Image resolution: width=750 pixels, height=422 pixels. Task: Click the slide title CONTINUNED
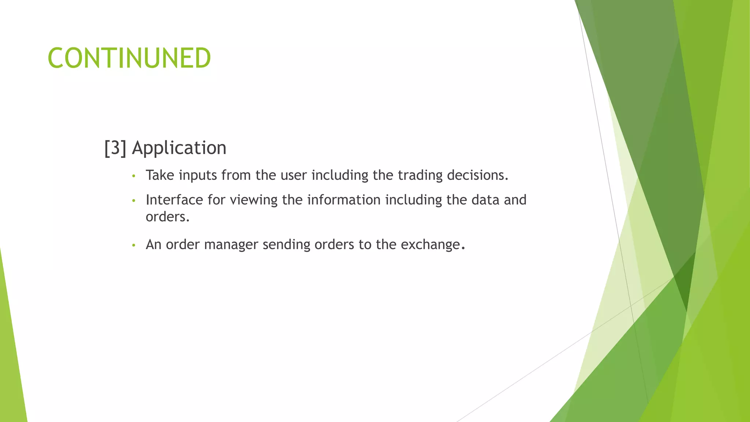pyautogui.click(x=129, y=58)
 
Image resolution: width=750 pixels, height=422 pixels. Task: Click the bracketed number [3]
pyautogui.click(x=115, y=148)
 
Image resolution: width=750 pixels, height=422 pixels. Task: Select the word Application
pyautogui.click(x=179, y=148)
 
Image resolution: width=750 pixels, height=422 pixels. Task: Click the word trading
pyautogui.click(x=420, y=175)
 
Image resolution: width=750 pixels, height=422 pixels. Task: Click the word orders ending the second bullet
pyautogui.click(x=167, y=217)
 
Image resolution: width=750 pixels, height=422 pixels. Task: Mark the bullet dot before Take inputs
pyautogui.click(x=134, y=176)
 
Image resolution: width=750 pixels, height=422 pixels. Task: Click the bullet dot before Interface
pyautogui.click(x=134, y=201)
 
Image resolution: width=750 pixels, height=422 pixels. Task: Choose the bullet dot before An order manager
pyautogui.click(x=134, y=245)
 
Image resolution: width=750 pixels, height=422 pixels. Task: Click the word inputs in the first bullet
pyautogui.click(x=198, y=175)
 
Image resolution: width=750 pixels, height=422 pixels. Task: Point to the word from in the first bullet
pyautogui.click(x=236, y=175)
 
